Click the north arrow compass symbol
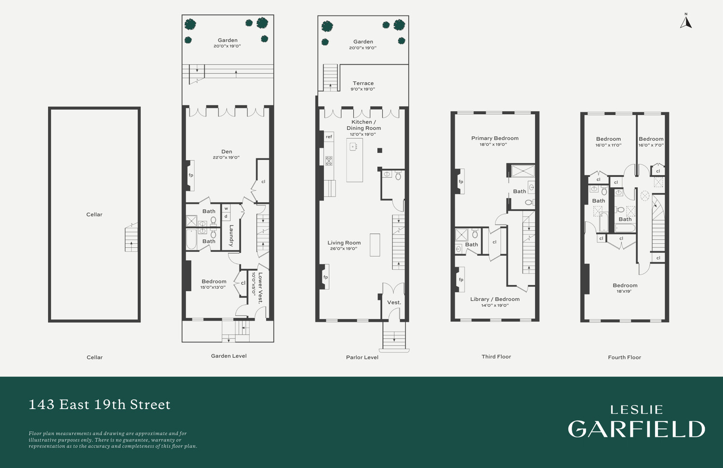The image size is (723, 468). [686, 22]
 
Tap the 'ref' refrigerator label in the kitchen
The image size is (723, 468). [329, 137]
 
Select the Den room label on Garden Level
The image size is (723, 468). [227, 152]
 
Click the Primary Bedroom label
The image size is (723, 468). [495, 138]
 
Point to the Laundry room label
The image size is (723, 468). [231, 235]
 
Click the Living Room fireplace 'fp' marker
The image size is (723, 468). [326, 277]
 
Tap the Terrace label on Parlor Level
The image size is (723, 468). [363, 83]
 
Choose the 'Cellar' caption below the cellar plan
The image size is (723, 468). [94, 357]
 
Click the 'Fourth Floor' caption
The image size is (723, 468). [624, 357]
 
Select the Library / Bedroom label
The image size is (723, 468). [495, 299]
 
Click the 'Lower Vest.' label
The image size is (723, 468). [260, 288]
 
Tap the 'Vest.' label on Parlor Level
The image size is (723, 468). [394, 303]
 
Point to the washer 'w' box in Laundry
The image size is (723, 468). [226, 209]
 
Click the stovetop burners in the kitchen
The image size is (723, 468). [329, 160]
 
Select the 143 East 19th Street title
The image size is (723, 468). [100, 404]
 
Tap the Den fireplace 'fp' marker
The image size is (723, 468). [191, 175]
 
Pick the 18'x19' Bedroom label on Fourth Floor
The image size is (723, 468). [625, 285]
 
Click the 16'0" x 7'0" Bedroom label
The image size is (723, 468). [651, 139]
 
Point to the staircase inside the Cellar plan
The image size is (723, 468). [131, 238]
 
